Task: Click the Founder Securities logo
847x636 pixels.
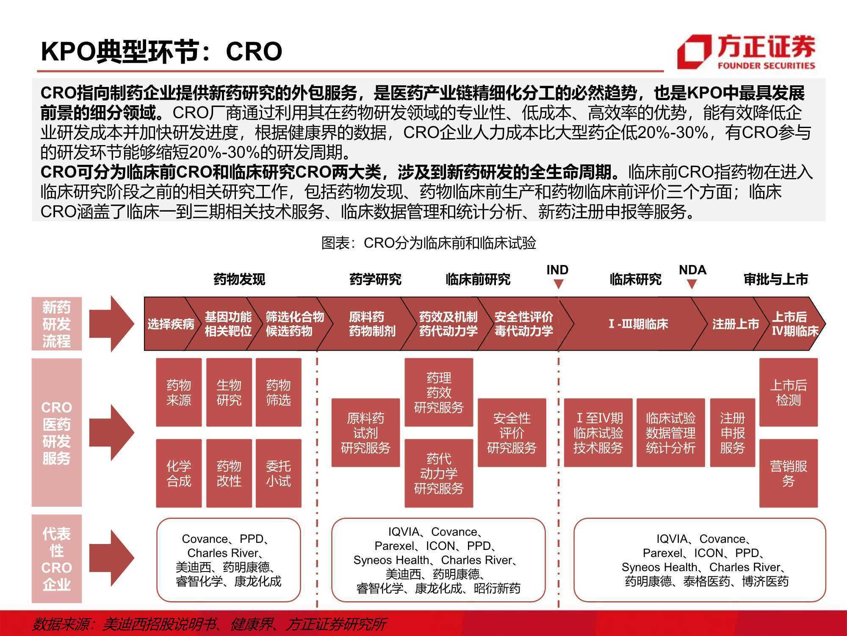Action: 746,52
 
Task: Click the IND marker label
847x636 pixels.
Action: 557,270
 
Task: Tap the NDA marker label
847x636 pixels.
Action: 692,270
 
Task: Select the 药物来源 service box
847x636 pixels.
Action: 179,392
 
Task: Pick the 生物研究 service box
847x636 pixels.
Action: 229,392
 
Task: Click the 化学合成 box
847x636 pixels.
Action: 179,473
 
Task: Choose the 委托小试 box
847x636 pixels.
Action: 278,473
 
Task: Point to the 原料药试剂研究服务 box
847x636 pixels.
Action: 365,433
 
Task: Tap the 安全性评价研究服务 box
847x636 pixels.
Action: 512,433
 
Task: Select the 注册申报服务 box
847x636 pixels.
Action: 732,433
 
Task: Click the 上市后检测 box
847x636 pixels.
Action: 788,392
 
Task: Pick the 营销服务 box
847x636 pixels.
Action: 788,473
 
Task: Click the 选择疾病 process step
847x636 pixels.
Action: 170,324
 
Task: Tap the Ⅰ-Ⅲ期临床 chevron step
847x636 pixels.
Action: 638,324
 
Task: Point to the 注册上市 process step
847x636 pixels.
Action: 735,324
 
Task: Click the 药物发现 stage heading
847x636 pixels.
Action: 239,279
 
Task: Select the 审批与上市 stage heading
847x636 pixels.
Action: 776,279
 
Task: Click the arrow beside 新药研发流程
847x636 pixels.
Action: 111,324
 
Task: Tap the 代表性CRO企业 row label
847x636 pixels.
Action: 56,559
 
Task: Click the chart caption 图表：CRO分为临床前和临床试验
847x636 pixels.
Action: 429,243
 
